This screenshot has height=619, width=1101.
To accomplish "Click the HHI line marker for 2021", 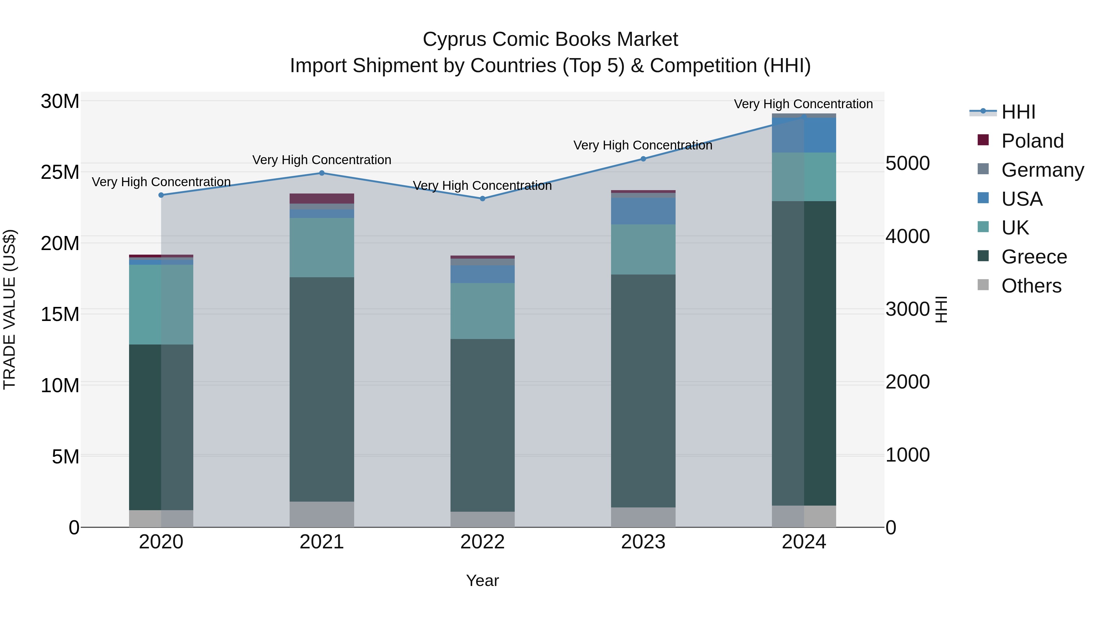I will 322,173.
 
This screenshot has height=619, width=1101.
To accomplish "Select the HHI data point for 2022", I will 483,199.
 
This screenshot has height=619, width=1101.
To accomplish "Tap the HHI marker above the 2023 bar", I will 643,159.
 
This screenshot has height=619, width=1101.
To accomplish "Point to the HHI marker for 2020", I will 161,195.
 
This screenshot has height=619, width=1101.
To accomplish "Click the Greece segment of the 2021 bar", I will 322,389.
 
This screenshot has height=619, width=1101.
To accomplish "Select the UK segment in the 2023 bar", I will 643,249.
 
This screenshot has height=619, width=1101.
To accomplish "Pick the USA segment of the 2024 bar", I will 804,135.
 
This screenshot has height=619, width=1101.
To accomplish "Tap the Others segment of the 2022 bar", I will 483,519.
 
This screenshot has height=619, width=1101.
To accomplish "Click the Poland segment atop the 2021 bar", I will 322,199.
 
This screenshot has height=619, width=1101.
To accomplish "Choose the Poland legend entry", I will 1032,141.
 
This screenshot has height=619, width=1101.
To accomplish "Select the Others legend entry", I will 1031,286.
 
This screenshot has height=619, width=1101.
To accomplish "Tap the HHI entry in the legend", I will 1018,112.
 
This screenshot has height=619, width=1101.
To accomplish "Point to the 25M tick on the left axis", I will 60,172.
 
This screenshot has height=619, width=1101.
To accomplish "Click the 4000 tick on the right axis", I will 907,236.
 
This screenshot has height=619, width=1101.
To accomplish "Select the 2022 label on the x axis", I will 483,542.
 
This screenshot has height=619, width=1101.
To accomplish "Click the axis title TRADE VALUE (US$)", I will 10,309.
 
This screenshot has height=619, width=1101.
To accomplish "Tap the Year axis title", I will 483,580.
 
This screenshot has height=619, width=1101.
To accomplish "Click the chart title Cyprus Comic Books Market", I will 550,39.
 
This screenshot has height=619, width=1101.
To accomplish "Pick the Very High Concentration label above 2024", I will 803,104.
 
